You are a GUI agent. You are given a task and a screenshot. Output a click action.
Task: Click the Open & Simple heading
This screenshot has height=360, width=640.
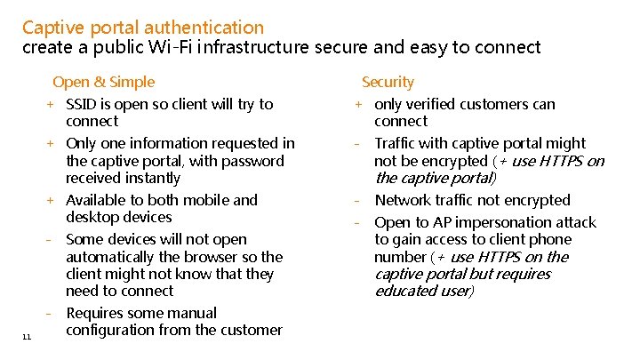point(103,82)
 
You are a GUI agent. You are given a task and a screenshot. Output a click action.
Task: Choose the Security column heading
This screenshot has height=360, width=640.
point(388,82)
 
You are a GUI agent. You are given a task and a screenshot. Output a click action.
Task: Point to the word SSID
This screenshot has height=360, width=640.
point(82,104)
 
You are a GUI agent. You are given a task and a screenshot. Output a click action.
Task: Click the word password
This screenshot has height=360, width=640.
point(253,161)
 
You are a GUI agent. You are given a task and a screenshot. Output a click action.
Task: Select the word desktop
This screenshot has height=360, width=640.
point(94,217)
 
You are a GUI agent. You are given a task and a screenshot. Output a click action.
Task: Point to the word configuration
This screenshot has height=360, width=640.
point(116,330)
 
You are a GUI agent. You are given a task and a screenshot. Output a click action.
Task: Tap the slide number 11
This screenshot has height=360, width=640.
point(27,335)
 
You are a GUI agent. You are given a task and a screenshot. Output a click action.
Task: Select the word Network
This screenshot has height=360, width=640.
point(404,200)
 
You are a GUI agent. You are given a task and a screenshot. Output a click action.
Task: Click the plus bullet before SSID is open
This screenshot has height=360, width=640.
point(52,104)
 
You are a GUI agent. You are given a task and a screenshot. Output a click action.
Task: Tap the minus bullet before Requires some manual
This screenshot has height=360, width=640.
point(52,313)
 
